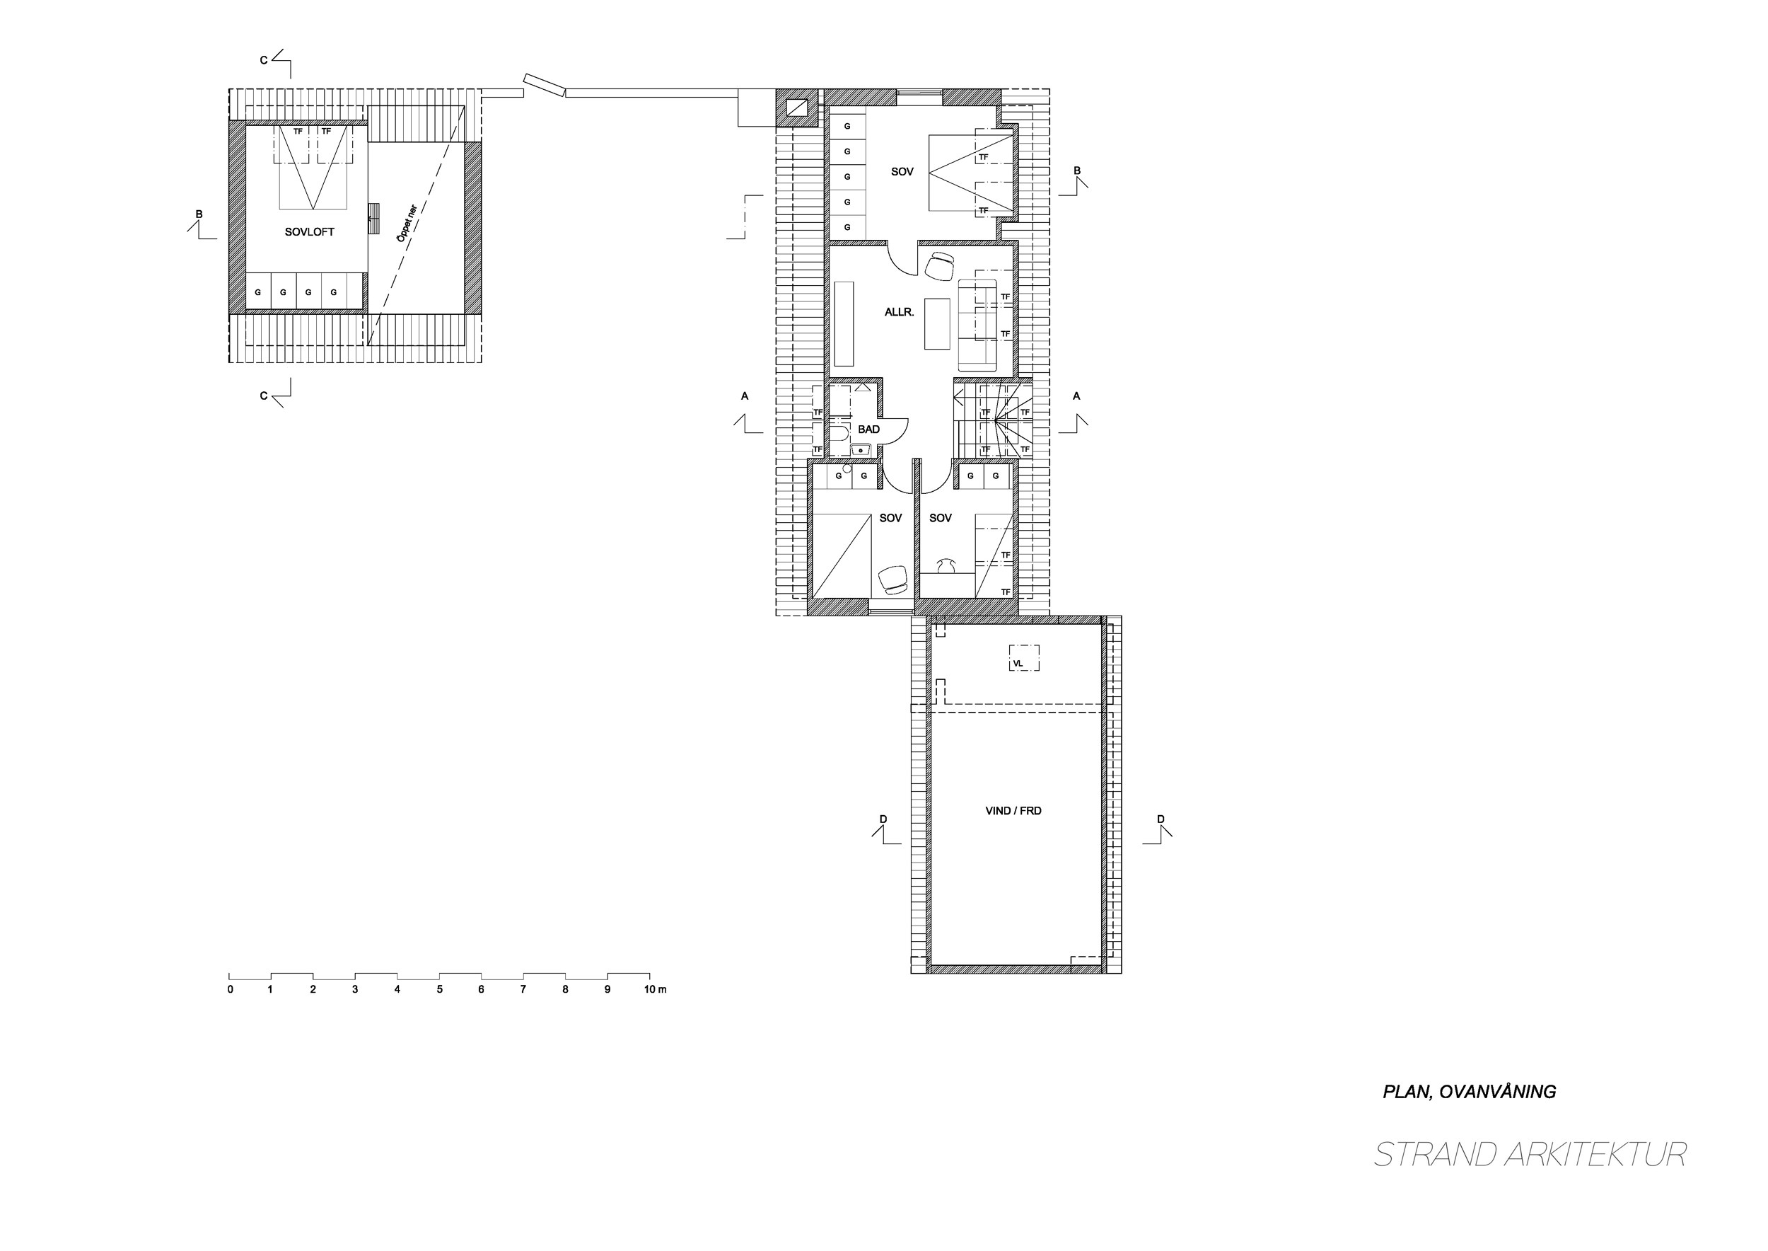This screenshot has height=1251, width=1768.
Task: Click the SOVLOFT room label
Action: (310, 232)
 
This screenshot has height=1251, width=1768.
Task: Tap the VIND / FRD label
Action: (1013, 810)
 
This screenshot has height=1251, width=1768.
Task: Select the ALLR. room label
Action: (900, 312)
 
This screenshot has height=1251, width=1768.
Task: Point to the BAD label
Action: (868, 429)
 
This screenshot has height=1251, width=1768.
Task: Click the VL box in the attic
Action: (1024, 659)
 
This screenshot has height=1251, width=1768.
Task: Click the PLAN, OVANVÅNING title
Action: (1470, 1092)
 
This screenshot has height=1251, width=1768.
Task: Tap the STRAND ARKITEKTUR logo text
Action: (1531, 1154)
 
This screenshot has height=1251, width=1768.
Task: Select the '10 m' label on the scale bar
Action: (656, 989)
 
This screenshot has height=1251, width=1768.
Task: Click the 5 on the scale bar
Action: (440, 989)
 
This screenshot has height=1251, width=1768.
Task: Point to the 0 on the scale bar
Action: (231, 989)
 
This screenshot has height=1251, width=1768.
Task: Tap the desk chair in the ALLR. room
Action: (939, 266)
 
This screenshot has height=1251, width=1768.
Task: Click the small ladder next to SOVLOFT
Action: (374, 218)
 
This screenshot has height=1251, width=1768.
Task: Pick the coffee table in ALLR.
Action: (938, 323)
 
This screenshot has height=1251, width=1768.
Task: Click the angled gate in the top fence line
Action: (545, 86)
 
